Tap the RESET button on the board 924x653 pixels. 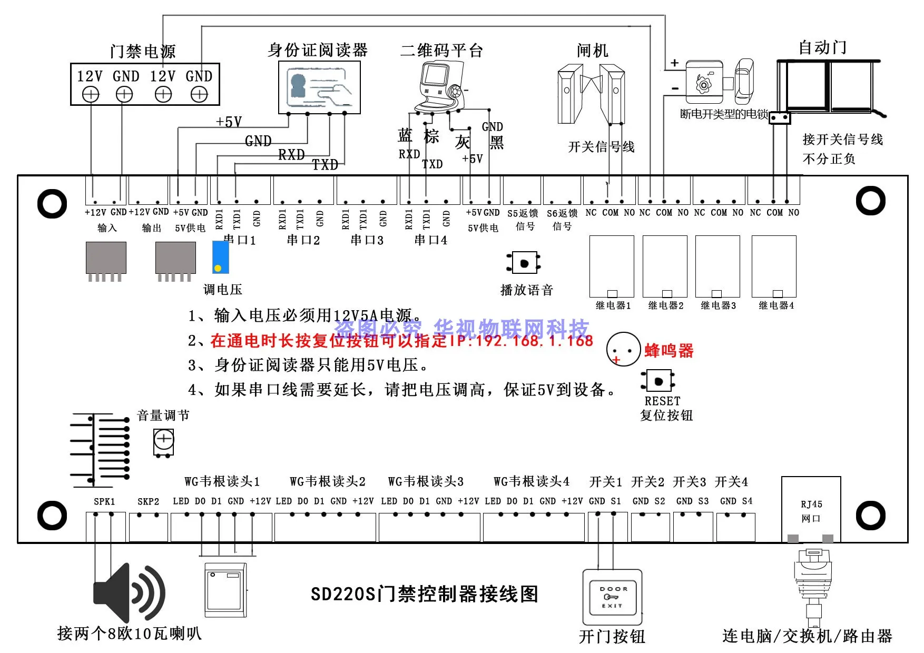[x=658, y=381]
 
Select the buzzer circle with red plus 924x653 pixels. [x=623, y=349]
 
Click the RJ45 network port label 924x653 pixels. [x=811, y=511]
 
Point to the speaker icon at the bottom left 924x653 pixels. [x=129, y=592]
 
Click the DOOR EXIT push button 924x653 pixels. [x=612, y=597]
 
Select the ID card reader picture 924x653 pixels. [x=319, y=87]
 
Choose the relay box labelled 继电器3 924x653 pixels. [x=717, y=266]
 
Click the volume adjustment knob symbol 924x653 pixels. [x=163, y=441]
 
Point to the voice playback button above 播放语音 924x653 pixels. [x=524, y=263]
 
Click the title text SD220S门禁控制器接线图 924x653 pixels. [x=425, y=594]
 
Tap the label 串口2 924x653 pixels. [x=303, y=240]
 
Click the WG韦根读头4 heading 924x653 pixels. [x=531, y=481]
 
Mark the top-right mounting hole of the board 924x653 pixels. [x=870, y=201]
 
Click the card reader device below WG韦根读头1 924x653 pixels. [x=225, y=590]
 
